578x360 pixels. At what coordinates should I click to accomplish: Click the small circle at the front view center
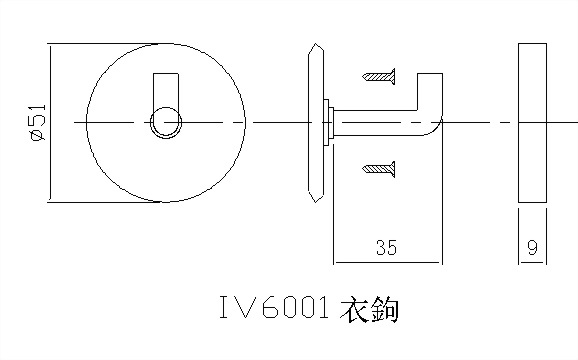click(x=165, y=123)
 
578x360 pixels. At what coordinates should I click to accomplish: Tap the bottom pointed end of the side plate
click(x=317, y=198)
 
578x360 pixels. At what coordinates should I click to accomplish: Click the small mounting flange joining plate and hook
click(x=328, y=123)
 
